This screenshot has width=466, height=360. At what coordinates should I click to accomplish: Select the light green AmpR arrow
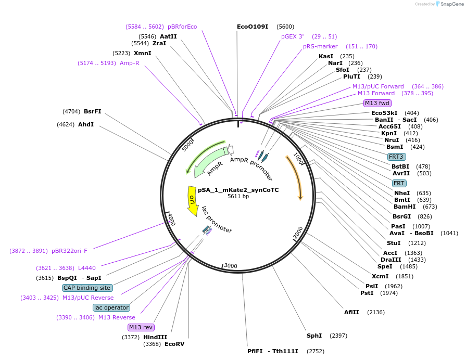coord(211,161)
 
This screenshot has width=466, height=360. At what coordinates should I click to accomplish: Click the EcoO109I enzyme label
coord(253,27)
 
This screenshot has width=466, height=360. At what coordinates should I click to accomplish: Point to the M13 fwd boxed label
coord(377,103)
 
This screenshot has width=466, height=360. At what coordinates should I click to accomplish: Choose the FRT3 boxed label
coord(397,157)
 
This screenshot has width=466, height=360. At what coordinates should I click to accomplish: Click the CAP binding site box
coord(87,288)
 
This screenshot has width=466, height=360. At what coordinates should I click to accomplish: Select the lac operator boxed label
coord(111,307)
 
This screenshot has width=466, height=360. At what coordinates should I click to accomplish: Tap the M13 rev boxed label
coord(141,327)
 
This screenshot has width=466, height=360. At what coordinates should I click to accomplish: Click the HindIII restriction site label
coord(155,337)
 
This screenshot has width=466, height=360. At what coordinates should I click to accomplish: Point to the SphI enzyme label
coord(314,336)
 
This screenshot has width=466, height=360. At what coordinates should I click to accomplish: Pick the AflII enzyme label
coord(351,312)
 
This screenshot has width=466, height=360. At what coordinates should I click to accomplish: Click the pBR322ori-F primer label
coord(69,251)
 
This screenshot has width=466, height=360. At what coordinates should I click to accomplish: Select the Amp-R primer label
coord(130,63)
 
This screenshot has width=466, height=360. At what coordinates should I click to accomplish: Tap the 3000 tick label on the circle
coord(231,266)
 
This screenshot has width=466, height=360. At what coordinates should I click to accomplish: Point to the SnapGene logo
coord(449,4)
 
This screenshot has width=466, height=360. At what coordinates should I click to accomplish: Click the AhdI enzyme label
coord(86,124)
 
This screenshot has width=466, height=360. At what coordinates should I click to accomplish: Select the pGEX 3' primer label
coord(292,36)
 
